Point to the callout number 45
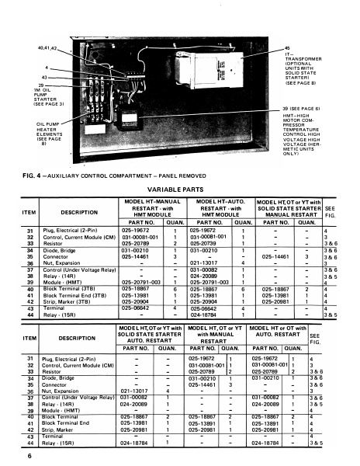[287, 48]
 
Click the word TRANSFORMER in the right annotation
[305, 60]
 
